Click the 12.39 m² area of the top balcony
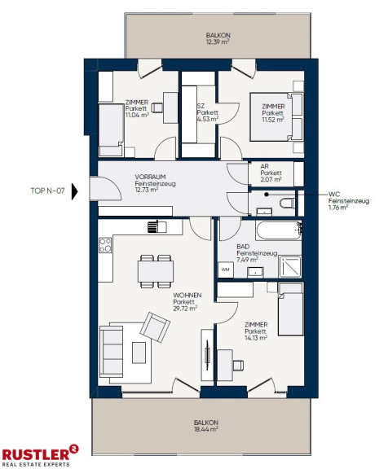[x=218, y=42]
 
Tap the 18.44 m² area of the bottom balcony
[x=205, y=429]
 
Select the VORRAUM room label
[x=150, y=177]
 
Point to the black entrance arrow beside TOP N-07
[x=74, y=191]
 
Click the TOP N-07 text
[x=47, y=191]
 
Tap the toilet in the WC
[x=288, y=203]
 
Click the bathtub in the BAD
[x=279, y=230]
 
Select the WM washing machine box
[x=226, y=270]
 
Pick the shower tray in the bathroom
[x=290, y=266]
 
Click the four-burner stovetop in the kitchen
[x=105, y=245]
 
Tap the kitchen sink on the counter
[x=157, y=226]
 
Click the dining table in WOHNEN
[x=156, y=271]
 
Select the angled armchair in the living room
[x=155, y=327]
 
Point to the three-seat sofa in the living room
[x=111, y=352]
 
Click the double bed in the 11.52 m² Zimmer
[x=276, y=116]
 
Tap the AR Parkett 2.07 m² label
[x=271, y=173]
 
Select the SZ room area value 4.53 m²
[x=208, y=119]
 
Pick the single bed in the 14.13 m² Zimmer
[x=290, y=309]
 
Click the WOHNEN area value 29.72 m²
[x=185, y=309]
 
